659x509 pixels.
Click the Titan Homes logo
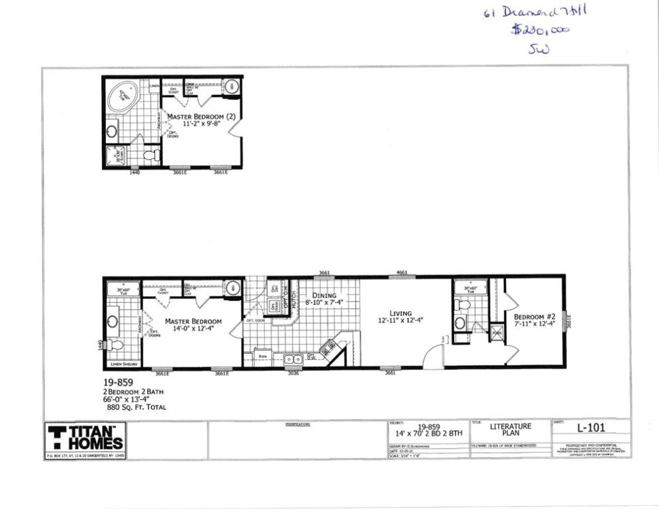click(85, 438)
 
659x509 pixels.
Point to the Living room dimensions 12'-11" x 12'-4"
click(400, 320)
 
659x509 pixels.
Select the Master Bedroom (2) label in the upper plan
click(201, 117)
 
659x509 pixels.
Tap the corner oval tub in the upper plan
click(124, 98)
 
